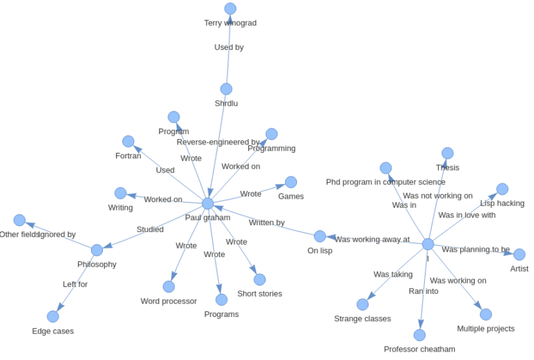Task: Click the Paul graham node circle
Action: [x=208, y=204]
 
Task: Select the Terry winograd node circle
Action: [x=230, y=8]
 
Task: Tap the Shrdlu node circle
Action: [x=226, y=89]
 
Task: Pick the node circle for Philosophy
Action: [x=97, y=250]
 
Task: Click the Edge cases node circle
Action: [x=53, y=317]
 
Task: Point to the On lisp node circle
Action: [x=320, y=236]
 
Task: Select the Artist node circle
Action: [x=519, y=254]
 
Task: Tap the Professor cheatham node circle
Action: [x=419, y=335]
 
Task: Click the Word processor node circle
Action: [x=168, y=286]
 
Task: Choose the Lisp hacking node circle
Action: [x=502, y=189]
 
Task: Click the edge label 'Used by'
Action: [x=229, y=47]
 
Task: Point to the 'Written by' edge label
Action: [x=267, y=222]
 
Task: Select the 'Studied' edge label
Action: [x=150, y=229]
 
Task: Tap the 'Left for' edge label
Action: [x=75, y=284]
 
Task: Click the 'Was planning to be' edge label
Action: [x=476, y=249]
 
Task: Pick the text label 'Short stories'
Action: [x=259, y=293]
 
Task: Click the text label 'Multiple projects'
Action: [x=485, y=329]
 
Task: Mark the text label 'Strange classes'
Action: [x=362, y=319]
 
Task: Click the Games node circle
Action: [x=291, y=182]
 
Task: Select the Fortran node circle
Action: [x=128, y=141]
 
